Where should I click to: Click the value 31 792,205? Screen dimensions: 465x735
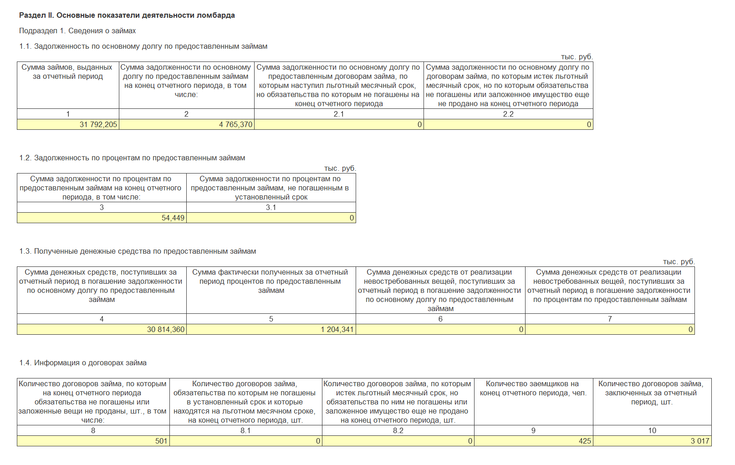pyautogui.click(x=98, y=125)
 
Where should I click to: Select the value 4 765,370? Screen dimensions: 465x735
pyautogui.click(x=235, y=125)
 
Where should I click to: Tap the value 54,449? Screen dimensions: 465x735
pyautogui.click(x=173, y=218)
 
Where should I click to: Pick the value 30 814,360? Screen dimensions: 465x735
pyautogui.click(x=166, y=330)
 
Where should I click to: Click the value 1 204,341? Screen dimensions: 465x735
pyautogui.click(x=337, y=330)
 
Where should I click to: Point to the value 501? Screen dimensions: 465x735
pyautogui.click(x=161, y=441)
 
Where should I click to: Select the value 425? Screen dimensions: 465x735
pyautogui.click(x=585, y=441)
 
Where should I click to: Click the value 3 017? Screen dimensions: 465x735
pyautogui.click(x=700, y=441)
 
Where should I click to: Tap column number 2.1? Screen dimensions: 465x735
pyautogui.click(x=339, y=114)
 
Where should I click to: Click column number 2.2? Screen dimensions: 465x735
pyautogui.click(x=508, y=114)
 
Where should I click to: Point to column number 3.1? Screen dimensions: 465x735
pyautogui.click(x=271, y=208)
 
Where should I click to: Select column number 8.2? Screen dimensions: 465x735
pyautogui.click(x=398, y=431)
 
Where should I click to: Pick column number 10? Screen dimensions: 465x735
pyautogui.click(x=652, y=431)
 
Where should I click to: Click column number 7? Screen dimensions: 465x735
pyautogui.click(x=610, y=319)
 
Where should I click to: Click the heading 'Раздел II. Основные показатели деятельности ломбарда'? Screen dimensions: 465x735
pyautogui.click(x=127, y=15)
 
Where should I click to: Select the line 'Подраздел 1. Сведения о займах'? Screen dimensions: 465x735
pyautogui.click(x=77, y=31)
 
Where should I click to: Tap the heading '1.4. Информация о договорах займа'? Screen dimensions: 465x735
pyautogui.click(x=83, y=363)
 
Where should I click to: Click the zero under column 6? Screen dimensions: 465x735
pyautogui.click(x=521, y=330)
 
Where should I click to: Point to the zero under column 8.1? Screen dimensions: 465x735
pyautogui.click(x=318, y=441)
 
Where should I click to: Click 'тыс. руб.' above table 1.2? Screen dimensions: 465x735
pyautogui.click(x=340, y=169)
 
